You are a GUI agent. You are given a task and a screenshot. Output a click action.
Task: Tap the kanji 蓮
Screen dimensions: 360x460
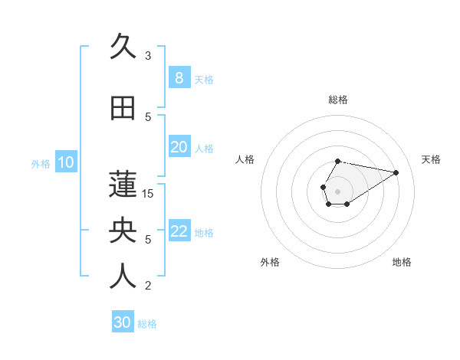[x=123, y=185]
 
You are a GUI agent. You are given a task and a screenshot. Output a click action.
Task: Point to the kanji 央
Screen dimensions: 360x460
[x=123, y=231]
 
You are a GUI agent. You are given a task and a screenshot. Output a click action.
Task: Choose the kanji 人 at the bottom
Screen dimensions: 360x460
[x=123, y=277]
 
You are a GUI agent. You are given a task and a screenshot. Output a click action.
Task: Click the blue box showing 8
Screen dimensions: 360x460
[x=179, y=78]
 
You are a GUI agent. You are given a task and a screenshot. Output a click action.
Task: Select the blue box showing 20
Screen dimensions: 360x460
[x=179, y=147]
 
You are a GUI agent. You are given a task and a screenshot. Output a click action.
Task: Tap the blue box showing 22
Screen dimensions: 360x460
[x=179, y=231]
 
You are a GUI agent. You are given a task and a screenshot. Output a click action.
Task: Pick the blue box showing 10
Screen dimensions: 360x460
[x=65, y=162]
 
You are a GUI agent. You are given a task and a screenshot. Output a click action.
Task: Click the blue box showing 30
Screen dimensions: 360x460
[x=123, y=322]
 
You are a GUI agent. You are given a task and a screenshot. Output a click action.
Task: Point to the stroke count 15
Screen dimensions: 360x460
[x=148, y=193]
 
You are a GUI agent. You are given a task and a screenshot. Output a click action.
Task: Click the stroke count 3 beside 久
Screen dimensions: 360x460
[x=148, y=55]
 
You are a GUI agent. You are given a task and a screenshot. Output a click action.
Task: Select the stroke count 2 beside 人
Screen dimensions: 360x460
[x=148, y=286]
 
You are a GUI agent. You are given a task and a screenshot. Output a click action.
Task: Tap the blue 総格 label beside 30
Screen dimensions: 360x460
[x=147, y=324]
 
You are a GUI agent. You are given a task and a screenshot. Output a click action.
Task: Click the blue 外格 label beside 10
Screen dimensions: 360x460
[x=40, y=163]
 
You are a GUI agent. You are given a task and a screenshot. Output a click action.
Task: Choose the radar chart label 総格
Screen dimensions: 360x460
[x=337, y=100]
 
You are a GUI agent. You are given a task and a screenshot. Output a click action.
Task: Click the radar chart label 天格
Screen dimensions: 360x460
[x=431, y=159]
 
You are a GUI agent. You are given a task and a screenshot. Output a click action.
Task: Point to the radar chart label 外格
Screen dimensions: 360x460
[x=270, y=262]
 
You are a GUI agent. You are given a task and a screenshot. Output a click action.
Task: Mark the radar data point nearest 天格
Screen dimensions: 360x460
[x=396, y=172]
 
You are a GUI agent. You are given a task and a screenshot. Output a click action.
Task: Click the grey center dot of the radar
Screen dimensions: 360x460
[x=337, y=190]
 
